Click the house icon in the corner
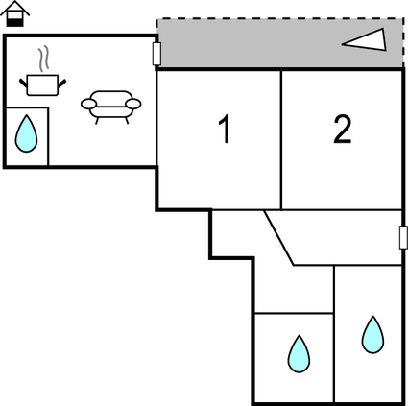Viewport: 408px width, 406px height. tap(14, 13)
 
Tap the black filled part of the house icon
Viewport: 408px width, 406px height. tap(15, 23)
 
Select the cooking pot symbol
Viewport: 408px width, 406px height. tap(42, 85)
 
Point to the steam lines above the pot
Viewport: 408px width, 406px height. tap(44, 60)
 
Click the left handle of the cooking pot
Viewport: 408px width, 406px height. tap(23, 84)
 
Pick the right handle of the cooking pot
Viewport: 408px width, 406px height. tap(61, 84)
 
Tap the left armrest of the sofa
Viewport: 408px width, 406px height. tap(88, 104)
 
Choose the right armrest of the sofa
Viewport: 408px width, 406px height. tap(133, 104)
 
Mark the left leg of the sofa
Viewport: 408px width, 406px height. tap(97, 121)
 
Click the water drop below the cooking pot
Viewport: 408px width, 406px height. tap(26, 133)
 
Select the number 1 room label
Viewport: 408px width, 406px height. tap(226, 129)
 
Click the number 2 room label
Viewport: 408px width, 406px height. tap(342, 129)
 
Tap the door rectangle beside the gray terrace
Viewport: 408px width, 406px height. tap(156, 54)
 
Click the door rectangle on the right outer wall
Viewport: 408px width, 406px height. tap(403, 237)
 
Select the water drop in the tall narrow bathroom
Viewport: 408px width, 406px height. tap(372, 335)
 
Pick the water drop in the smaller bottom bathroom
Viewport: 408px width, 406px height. tap(299, 354)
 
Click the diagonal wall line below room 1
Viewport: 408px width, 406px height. tap(279, 238)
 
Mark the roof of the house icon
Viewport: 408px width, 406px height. tap(14, 8)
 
